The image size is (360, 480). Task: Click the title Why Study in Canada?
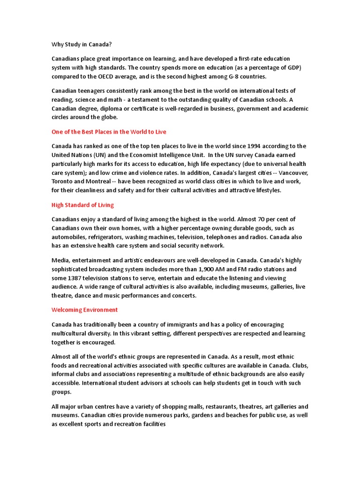(x=82, y=45)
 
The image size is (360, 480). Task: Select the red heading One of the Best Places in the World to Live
(x=109, y=132)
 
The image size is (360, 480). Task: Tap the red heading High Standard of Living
(x=82, y=205)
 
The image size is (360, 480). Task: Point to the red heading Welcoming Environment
(x=84, y=310)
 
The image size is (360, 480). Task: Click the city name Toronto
(x=63, y=181)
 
